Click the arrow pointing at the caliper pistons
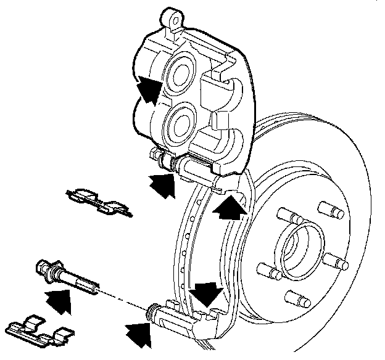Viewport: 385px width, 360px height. tap(149, 91)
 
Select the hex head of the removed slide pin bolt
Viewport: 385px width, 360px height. tap(45, 268)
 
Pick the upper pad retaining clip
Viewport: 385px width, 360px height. tap(99, 202)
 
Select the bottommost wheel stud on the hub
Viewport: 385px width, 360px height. tap(302, 301)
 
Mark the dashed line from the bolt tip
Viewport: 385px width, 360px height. tap(123, 297)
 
